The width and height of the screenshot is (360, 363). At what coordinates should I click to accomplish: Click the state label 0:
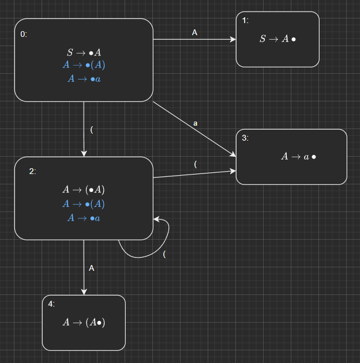click(x=24, y=34)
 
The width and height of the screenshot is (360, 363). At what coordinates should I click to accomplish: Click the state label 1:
click(x=245, y=21)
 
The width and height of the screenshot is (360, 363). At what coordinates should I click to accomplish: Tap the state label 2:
click(x=33, y=171)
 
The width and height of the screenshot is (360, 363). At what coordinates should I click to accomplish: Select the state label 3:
click(x=245, y=138)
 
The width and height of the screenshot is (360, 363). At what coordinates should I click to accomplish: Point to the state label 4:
click(x=51, y=304)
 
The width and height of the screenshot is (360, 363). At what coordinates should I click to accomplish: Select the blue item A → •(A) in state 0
click(x=84, y=65)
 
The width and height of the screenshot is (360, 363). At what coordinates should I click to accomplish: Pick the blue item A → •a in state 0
click(x=84, y=78)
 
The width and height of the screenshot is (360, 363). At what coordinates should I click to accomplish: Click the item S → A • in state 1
click(x=277, y=39)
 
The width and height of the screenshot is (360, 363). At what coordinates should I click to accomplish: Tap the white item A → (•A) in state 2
click(x=84, y=190)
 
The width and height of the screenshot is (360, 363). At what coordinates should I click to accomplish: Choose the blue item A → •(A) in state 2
click(x=84, y=204)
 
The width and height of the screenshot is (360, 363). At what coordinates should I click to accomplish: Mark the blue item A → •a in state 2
click(x=84, y=218)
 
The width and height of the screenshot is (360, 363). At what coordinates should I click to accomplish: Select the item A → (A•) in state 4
click(x=84, y=323)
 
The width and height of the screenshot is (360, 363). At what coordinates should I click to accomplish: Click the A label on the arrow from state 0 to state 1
click(x=194, y=33)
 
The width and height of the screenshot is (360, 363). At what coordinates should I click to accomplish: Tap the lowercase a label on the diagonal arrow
click(x=196, y=123)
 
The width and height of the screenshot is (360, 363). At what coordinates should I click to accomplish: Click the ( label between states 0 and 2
click(x=92, y=129)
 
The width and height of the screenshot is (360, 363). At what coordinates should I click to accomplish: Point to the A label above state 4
click(x=92, y=268)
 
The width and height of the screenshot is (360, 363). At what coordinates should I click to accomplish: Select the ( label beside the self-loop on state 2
click(x=165, y=254)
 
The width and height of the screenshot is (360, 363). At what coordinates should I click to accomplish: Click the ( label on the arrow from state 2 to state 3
click(x=196, y=164)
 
